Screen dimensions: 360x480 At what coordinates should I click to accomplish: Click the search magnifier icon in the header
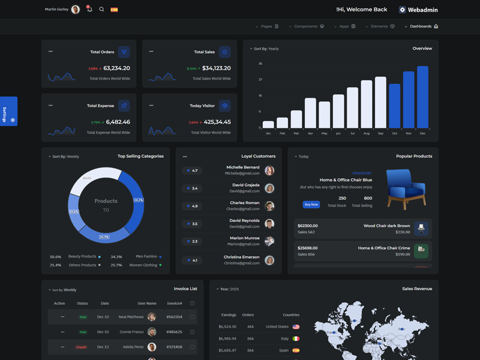(101, 10)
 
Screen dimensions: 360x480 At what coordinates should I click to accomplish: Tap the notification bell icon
(89, 10)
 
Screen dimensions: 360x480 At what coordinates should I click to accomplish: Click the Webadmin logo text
(422, 10)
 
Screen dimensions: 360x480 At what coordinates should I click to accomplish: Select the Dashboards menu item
(421, 26)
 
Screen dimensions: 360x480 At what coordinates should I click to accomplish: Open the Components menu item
(306, 26)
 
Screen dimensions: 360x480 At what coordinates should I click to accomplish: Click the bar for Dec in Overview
(422, 97)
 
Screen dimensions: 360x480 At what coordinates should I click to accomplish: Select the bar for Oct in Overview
(394, 106)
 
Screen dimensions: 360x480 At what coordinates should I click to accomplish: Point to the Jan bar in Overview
(268, 124)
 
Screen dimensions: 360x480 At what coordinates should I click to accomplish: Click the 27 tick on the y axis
(260, 79)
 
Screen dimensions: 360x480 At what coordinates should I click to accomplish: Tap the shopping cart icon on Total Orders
(124, 52)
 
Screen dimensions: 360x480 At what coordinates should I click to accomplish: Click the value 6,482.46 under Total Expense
(118, 122)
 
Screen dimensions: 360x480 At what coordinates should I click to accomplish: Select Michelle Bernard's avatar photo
(269, 170)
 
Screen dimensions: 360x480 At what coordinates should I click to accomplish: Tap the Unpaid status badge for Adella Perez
(81, 347)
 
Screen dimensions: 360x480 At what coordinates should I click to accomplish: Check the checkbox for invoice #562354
(192, 317)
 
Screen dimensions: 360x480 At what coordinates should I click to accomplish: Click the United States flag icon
(296, 327)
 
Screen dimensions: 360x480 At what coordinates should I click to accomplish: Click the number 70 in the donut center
(106, 210)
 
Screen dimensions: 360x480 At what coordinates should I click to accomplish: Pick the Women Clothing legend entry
(145, 265)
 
